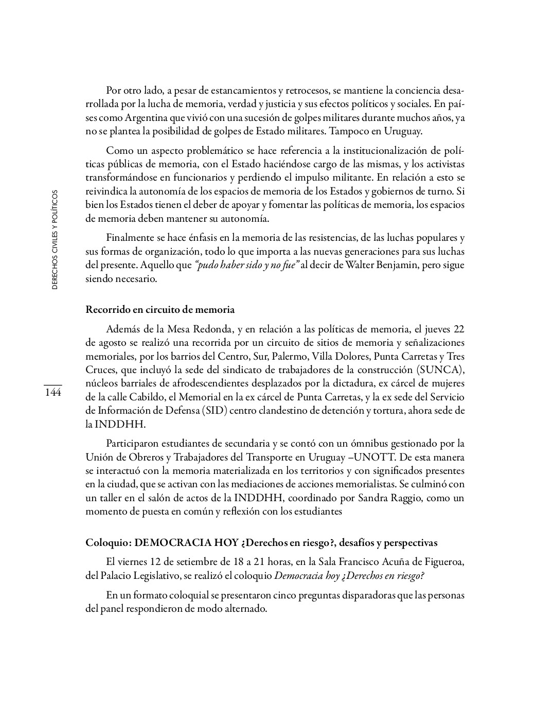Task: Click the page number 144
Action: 52,393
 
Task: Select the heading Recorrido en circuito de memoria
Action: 160,310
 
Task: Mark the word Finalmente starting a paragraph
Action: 128,238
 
